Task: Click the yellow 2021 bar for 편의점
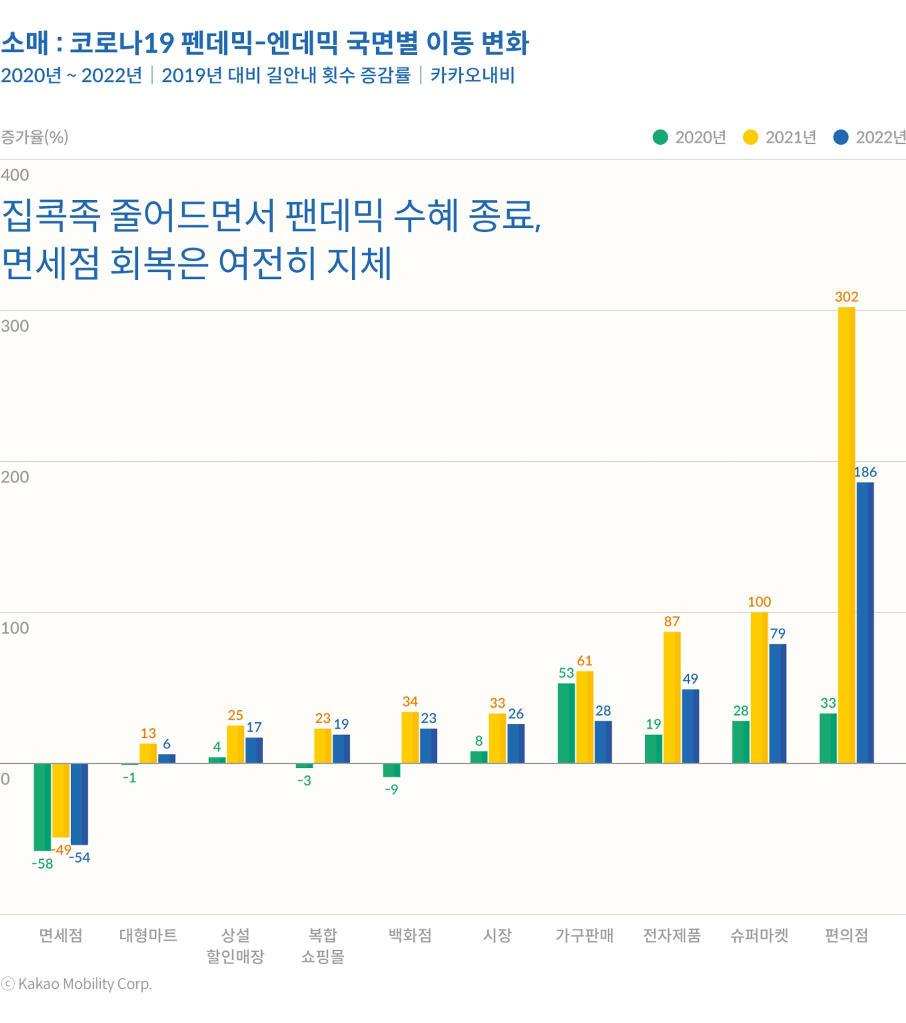[x=846, y=535]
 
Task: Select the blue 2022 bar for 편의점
[x=865, y=623]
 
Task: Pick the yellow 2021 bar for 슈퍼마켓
[x=759, y=688]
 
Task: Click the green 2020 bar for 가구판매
[x=566, y=723]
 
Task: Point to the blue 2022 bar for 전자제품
[x=690, y=726]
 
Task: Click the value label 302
[x=846, y=297]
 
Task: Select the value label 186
[x=865, y=472]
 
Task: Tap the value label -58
[x=42, y=864]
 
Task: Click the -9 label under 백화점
[x=391, y=790]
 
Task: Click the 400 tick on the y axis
[x=14, y=175]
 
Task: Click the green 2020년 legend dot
[x=660, y=137]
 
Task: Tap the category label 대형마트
[x=148, y=935]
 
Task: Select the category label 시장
[x=497, y=935]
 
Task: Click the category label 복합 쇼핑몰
[x=323, y=946]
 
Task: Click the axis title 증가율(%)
[x=34, y=137]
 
